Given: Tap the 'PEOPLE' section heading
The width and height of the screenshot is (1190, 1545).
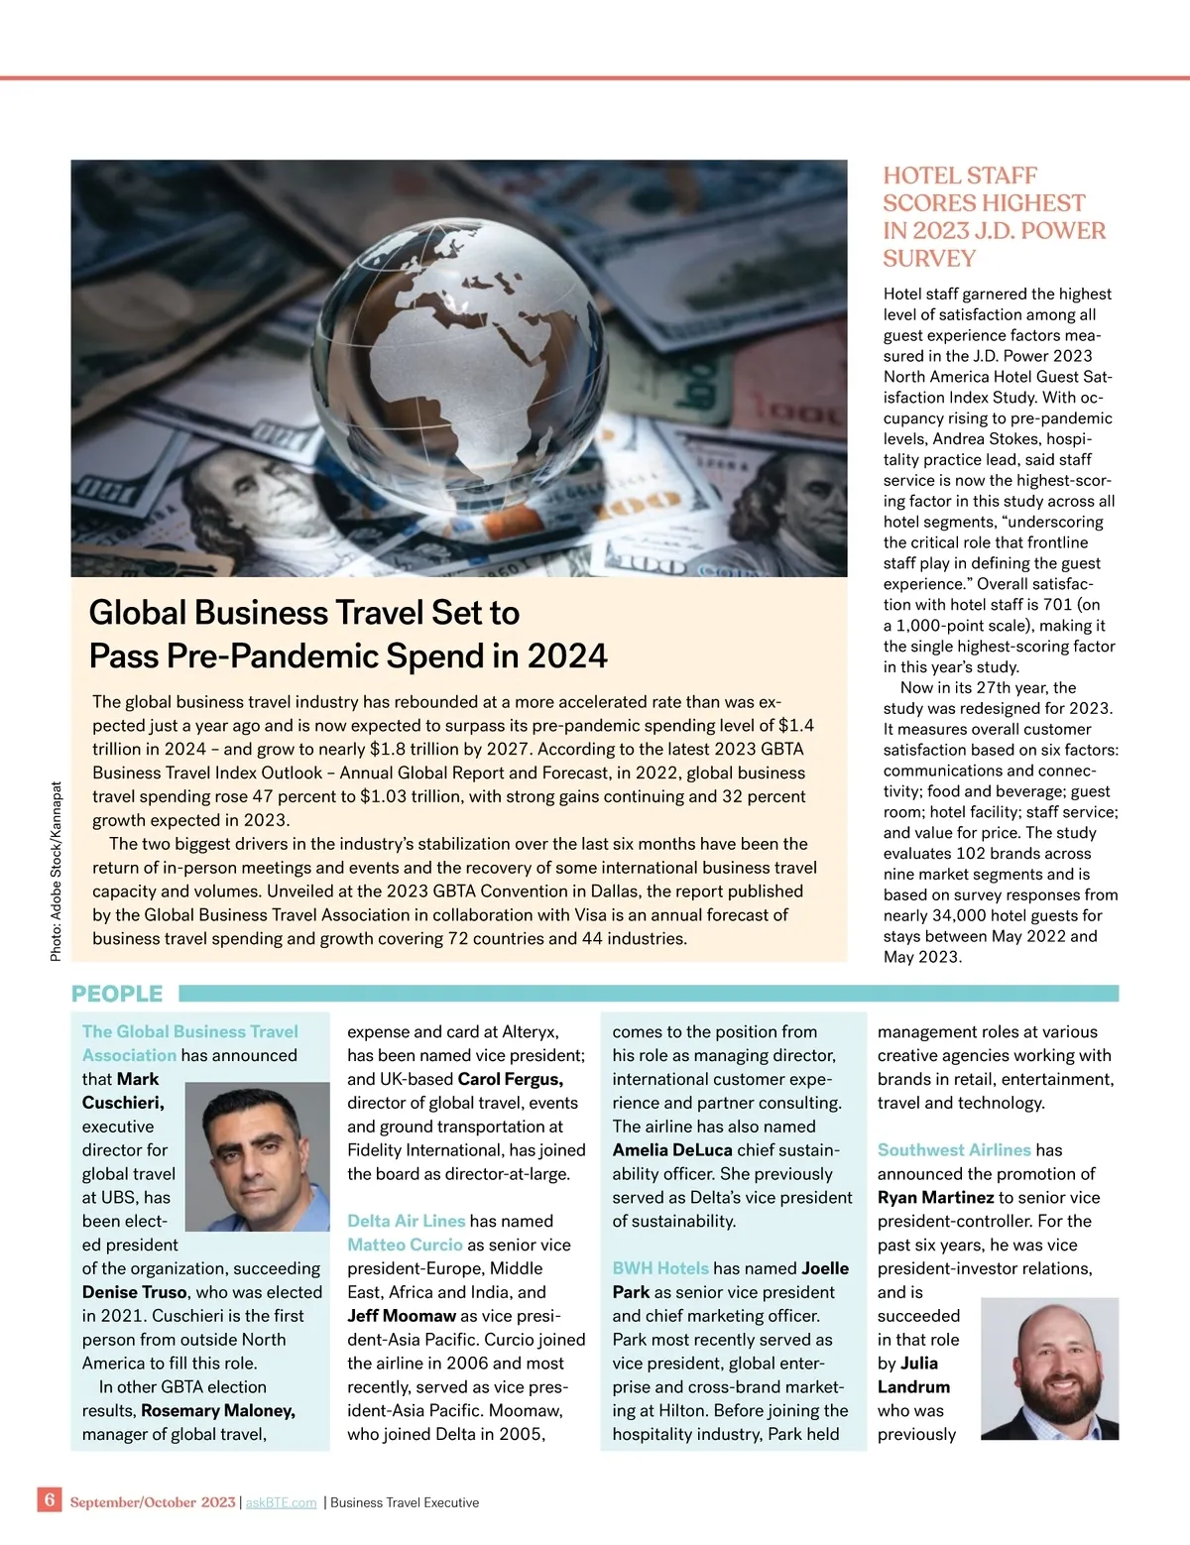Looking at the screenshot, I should point(117,994).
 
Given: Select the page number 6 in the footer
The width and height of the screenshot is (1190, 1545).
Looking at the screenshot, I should point(50,1499).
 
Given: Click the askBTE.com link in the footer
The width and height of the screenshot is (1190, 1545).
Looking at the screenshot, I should point(281,1503).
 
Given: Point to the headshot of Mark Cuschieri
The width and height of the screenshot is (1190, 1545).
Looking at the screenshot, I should point(258,1156).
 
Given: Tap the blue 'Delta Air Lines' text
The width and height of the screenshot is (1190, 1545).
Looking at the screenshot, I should point(406,1221).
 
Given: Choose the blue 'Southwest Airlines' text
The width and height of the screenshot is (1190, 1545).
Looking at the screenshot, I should point(954,1150).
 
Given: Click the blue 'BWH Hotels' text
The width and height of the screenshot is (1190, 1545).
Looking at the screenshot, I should point(660,1268).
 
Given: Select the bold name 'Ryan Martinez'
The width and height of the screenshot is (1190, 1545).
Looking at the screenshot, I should point(935,1197).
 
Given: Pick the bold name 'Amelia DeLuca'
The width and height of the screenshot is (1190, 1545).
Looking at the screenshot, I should point(672,1150).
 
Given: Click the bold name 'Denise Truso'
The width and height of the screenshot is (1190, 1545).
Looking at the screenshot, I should point(135,1292).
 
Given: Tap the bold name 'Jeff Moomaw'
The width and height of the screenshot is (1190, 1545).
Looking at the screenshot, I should point(402,1316).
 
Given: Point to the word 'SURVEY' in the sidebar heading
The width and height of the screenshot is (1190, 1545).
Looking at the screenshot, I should point(929,259).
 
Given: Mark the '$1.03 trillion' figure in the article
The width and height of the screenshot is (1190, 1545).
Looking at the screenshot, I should point(410,796).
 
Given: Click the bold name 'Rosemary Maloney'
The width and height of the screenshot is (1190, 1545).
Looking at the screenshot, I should point(217,1410).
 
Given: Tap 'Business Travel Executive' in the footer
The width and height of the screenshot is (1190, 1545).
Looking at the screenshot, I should point(405,1503).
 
